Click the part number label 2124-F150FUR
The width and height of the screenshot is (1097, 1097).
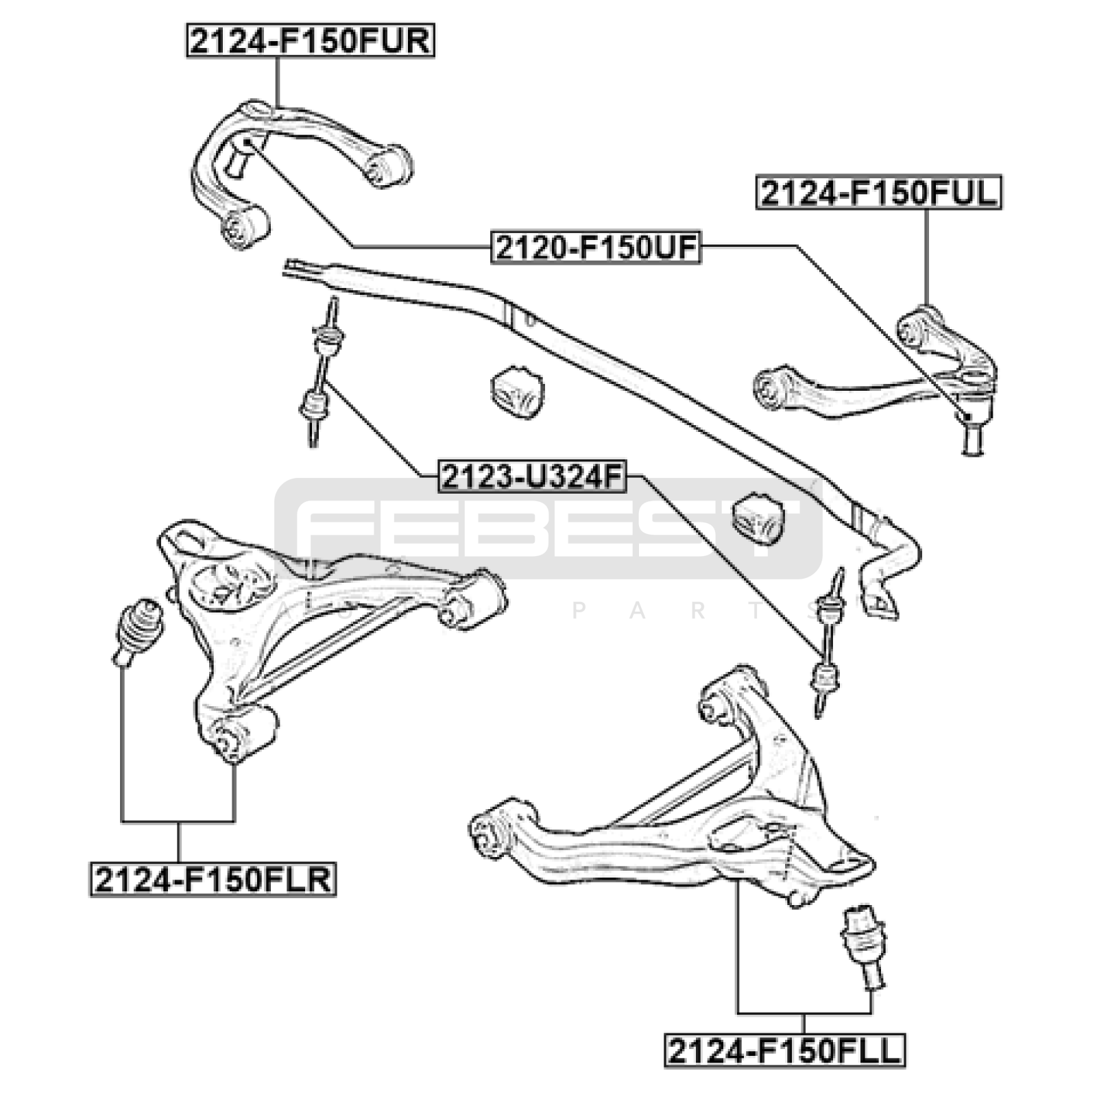coord(310,41)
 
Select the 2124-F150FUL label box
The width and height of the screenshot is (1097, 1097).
coord(878,193)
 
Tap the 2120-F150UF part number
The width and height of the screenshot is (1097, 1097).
coord(596,248)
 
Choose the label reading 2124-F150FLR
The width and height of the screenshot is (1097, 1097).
coord(213,880)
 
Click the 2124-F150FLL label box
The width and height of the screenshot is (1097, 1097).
coord(784,1051)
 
